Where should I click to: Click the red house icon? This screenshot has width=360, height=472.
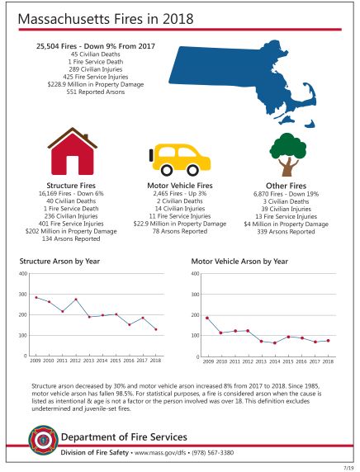pyautogui.click(x=73, y=152)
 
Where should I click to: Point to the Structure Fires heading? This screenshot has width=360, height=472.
pyautogui.click(x=72, y=186)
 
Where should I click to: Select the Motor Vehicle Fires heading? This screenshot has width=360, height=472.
pyautogui.click(x=179, y=186)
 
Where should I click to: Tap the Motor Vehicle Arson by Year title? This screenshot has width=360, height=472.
pyautogui.click(x=239, y=261)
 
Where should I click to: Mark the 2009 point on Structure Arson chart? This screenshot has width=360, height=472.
pyautogui.click(x=36, y=297)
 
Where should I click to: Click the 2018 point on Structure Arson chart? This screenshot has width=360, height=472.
pyautogui.click(x=156, y=329)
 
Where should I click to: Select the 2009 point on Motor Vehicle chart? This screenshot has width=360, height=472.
pyautogui.click(x=207, y=318)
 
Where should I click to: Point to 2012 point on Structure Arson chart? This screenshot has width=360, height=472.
pyautogui.click(x=76, y=300)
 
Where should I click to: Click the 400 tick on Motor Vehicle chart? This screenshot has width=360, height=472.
pyautogui.click(x=195, y=273)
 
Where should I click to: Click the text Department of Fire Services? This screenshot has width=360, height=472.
pyautogui.click(x=124, y=437)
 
